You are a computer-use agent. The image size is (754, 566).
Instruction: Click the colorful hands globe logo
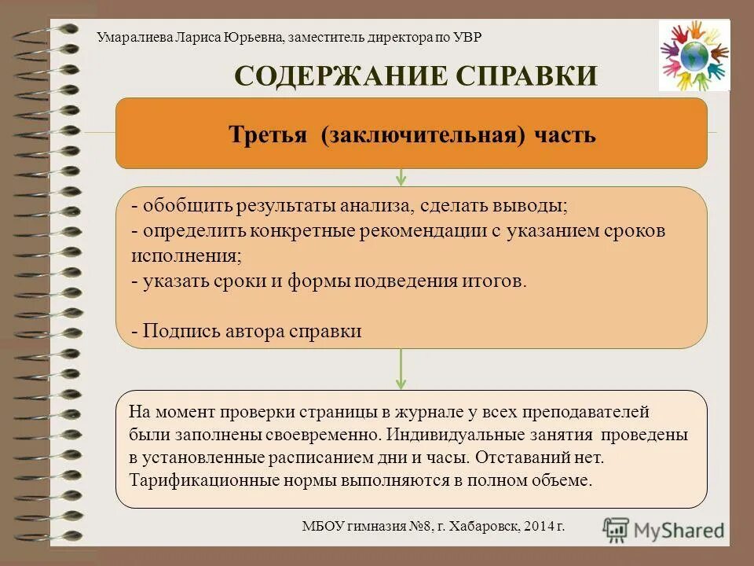[x=694, y=55]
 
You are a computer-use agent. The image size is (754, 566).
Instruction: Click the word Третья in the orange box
[x=267, y=134]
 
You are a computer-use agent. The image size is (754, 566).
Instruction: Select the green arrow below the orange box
[x=401, y=177]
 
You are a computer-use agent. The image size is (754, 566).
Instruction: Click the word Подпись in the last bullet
[x=175, y=331]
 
